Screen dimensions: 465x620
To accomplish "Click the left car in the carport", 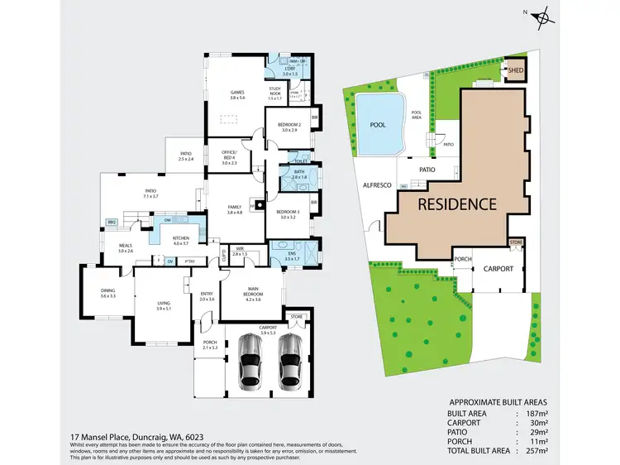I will pos(250,363).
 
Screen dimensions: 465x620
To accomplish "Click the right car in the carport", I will pos(289,363).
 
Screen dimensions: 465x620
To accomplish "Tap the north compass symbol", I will pos(542,16).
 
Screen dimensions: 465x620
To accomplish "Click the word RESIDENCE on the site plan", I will pos(456,204).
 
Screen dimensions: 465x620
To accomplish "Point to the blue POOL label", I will pos(379,124).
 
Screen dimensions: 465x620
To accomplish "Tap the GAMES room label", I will pos(237,94).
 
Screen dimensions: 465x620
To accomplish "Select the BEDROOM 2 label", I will pos(289,127).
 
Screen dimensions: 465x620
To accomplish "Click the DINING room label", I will pos(107,292).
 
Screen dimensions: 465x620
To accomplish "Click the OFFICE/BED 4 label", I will pos(229,155).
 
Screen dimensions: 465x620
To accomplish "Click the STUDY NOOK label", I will pos(275,93).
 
